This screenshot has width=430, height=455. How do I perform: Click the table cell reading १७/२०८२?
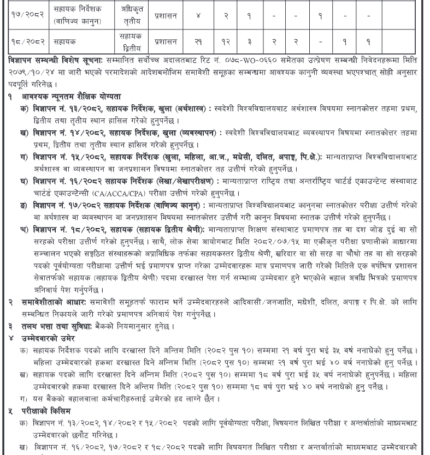(x=27, y=15)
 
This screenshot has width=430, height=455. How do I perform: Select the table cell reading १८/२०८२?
(x=27, y=41)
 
